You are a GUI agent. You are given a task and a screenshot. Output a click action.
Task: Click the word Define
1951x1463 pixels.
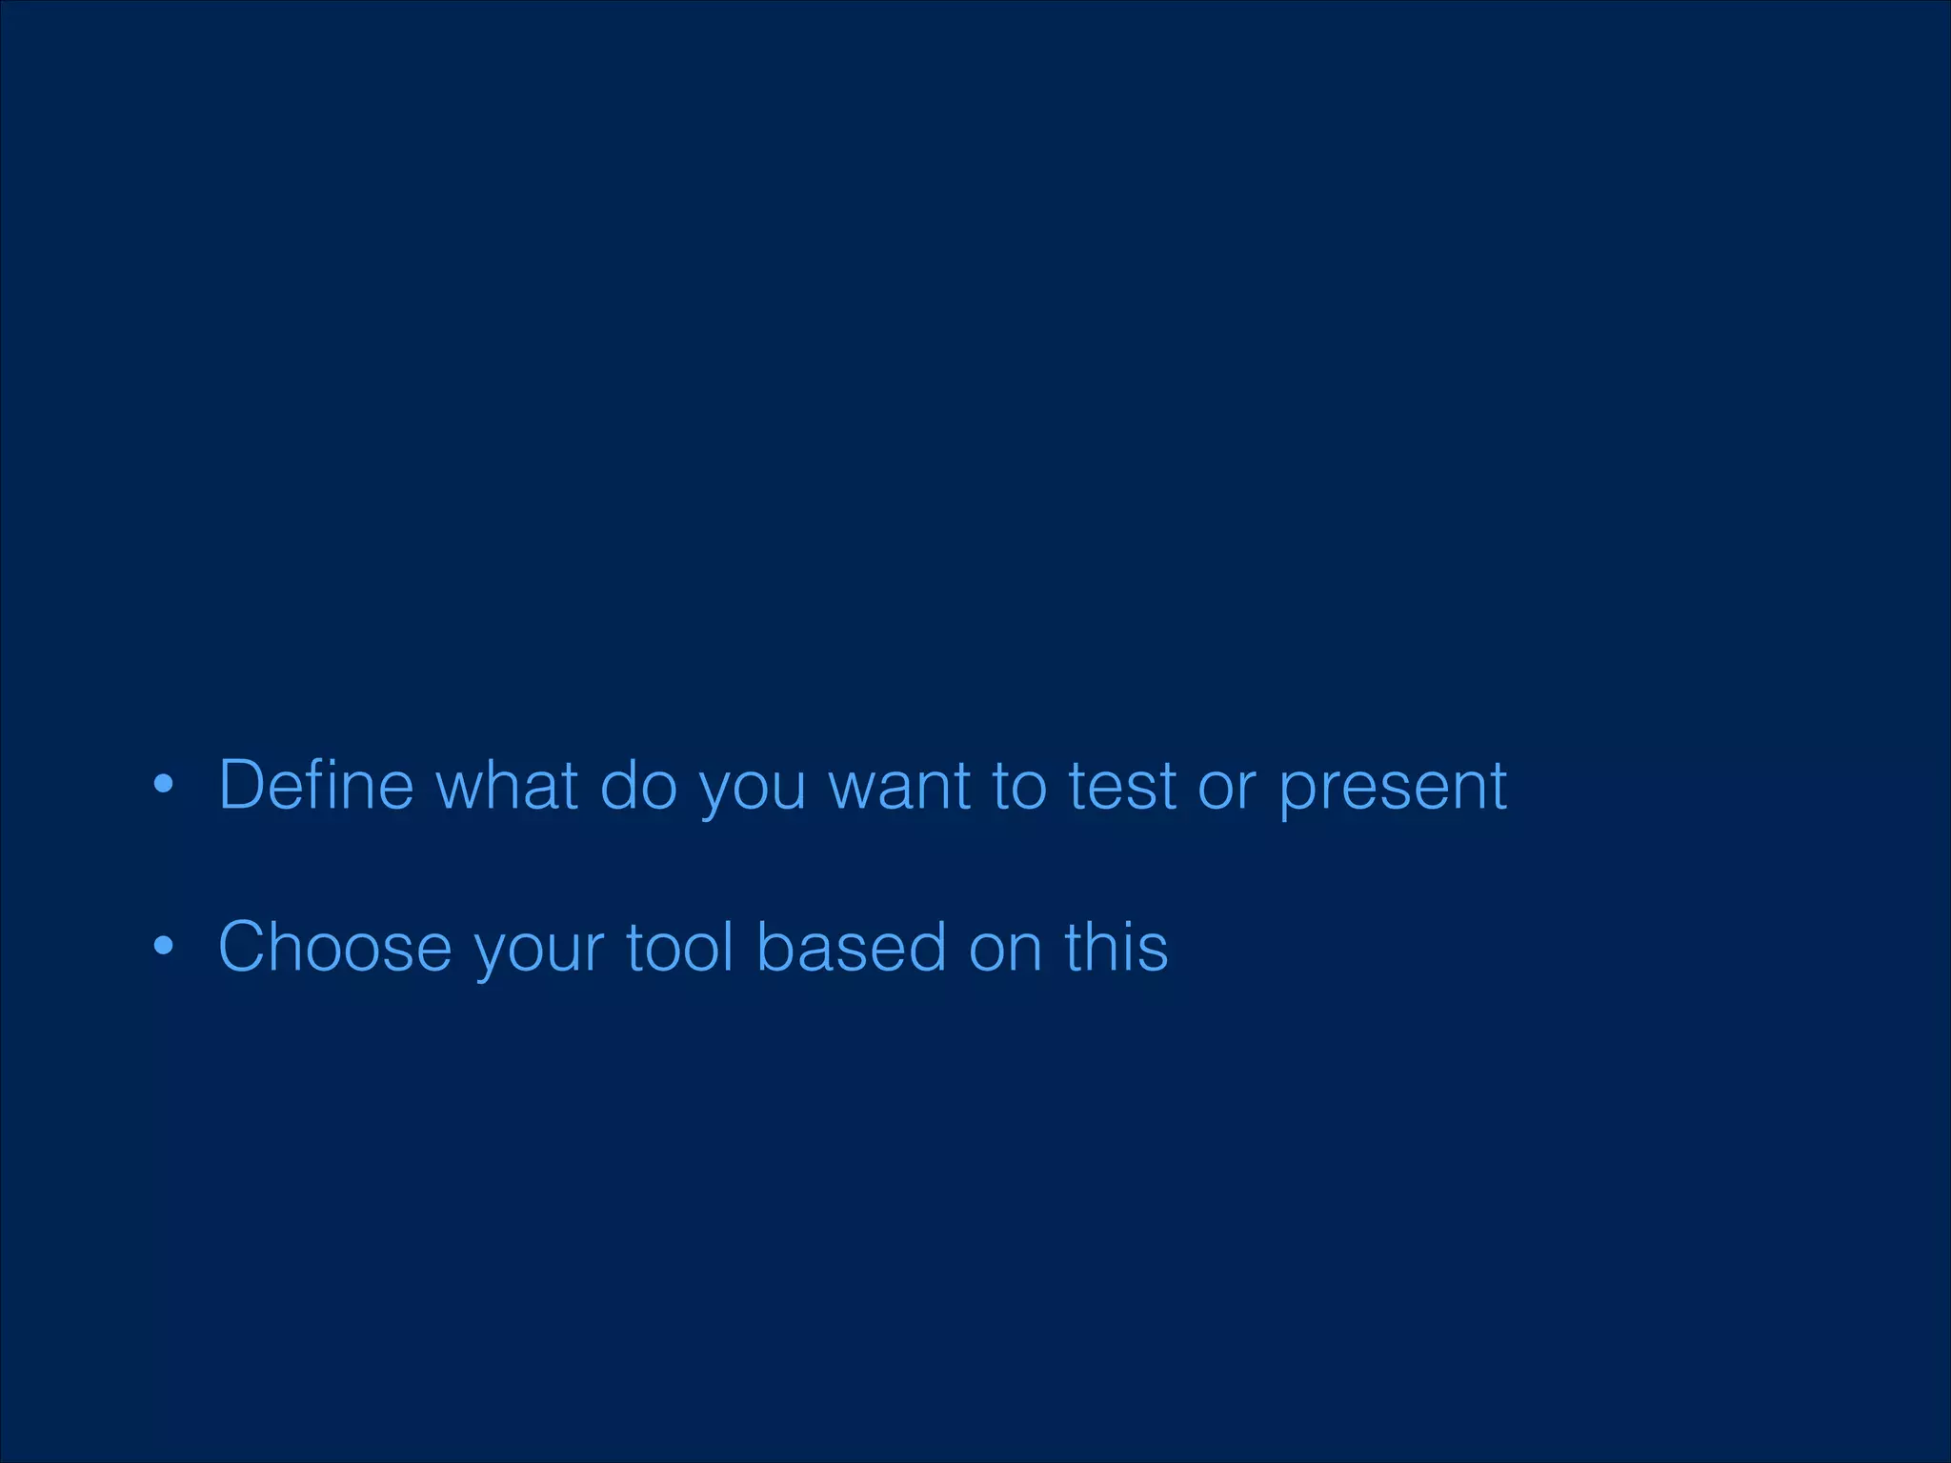point(316,786)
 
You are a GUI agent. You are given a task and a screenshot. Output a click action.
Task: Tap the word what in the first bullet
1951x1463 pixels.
point(507,786)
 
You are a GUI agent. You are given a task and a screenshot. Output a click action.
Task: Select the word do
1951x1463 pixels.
point(637,786)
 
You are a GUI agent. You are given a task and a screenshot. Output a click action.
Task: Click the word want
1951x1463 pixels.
point(899,788)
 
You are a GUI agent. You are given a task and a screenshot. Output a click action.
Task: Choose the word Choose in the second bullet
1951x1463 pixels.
point(334,948)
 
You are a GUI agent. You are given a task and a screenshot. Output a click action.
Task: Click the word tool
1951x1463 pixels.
point(679,948)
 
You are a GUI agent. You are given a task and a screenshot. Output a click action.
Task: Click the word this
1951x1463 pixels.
point(1116,948)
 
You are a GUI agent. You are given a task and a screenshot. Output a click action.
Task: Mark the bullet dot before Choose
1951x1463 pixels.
point(164,947)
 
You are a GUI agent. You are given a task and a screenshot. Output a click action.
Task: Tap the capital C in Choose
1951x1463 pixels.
point(245,948)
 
